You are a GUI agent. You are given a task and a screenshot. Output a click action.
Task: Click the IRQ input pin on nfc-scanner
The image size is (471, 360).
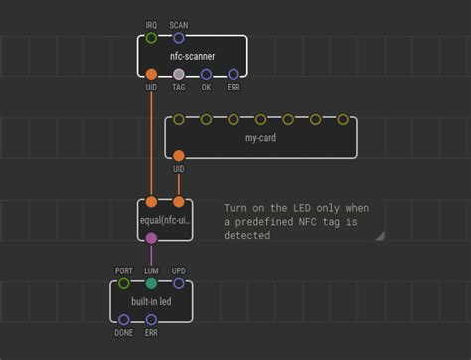pyautogui.click(x=151, y=38)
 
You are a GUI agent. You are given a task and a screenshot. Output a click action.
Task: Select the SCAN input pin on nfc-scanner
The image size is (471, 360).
pyautogui.click(x=179, y=38)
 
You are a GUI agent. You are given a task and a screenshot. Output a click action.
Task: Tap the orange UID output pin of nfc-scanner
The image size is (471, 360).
pyautogui.click(x=151, y=74)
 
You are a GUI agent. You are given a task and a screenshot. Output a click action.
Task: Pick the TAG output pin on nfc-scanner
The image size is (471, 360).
pyautogui.click(x=179, y=74)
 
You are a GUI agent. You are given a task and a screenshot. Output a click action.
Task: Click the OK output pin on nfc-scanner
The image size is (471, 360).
pyautogui.click(x=206, y=74)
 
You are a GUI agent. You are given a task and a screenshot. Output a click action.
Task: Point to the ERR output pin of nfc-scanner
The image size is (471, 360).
pyautogui.click(x=234, y=74)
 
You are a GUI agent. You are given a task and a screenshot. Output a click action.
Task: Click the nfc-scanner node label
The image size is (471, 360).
pyautogui.click(x=192, y=57)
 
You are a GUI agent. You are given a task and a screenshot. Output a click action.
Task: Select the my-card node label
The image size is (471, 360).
pyautogui.click(x=260, y=138)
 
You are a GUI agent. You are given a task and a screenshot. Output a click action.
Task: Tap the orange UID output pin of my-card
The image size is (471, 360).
pyautogui.click(x=179, y=156)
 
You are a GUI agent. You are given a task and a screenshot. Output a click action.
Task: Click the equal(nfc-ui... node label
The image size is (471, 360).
pyautogui.click(x=165, y=220)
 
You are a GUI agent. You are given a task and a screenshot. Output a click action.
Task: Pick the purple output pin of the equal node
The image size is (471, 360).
pyautogui.click(x=151, y=238)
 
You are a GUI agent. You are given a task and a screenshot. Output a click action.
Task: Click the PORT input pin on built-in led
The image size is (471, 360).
pyautogui.click(x=124, y=283)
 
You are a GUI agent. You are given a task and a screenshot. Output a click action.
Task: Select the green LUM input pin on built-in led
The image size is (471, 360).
pyautogui.click(x=151, y=283)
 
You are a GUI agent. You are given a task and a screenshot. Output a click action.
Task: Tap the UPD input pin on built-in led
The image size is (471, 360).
pyautogui.click(x=179, y=283)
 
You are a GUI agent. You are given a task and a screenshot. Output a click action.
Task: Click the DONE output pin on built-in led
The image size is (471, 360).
pyautogui.click(x=124, y=319)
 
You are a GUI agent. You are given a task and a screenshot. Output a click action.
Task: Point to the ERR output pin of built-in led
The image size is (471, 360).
pyautogui.click(x=151, y=319)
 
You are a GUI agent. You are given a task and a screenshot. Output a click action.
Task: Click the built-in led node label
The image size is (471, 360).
pyautogui.click(x=151, y=301)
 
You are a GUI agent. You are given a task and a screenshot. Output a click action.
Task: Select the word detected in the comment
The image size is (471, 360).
pyautogui.click(x=246, y=236)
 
